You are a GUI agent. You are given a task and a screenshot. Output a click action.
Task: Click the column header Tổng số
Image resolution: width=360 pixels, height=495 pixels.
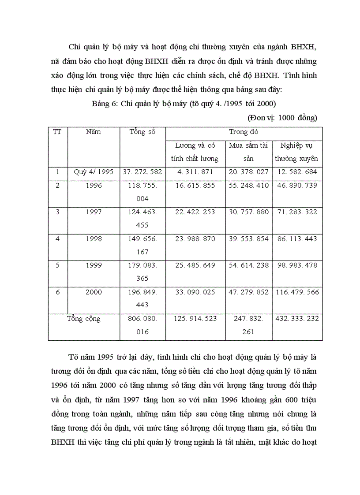click(142, 132)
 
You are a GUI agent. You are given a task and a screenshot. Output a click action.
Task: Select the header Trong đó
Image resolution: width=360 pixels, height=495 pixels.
click(244, 132)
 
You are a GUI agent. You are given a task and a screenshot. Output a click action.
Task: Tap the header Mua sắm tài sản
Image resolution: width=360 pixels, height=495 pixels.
click(248, 152)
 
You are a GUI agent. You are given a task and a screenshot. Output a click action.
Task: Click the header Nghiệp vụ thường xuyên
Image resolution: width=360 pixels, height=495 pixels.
click(296, 152)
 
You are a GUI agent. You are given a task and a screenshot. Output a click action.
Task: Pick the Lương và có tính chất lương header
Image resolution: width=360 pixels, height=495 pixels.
click(195, 152)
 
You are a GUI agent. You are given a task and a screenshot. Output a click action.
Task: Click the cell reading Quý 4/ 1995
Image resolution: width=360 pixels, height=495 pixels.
click(94, 172)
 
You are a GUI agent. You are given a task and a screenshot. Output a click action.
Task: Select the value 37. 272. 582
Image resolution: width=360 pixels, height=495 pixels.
click(142, 172)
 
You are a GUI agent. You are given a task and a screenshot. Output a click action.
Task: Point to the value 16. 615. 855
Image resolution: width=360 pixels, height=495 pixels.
click(195, 186)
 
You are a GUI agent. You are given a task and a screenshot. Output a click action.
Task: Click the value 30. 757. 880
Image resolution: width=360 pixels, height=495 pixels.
click(248, 212)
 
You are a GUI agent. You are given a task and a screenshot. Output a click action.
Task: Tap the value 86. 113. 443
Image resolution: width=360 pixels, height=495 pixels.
click(296, 238)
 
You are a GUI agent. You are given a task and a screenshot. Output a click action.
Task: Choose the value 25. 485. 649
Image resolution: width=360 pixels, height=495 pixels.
click(195, 265)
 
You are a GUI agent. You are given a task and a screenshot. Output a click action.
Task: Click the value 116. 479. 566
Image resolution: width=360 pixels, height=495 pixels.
click(296, 292)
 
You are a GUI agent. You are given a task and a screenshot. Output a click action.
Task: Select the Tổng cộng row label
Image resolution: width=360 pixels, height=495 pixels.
click(84, 319)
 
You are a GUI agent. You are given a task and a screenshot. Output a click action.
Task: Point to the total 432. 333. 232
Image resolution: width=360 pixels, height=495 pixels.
click(296, 319)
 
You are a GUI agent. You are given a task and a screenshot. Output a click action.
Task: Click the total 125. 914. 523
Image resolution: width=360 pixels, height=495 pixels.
click(195, 319)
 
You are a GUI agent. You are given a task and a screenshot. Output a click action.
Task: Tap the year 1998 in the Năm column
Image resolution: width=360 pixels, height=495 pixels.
click(94, 238)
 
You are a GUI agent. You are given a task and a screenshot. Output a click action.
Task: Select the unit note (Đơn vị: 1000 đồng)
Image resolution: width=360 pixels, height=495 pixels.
click(282, 118)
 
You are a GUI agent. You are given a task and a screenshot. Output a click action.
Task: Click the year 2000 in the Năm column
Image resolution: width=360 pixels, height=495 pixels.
click(94, 292)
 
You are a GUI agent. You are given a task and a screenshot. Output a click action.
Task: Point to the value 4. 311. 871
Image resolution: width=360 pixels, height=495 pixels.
click(195, 172)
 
